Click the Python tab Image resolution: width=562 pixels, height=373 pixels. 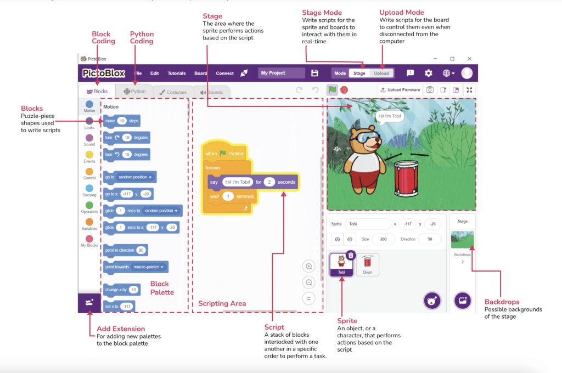(x=135, y=92)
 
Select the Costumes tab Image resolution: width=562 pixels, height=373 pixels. (x=173, y=92)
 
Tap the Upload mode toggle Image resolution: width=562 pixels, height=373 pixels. (x=381, y=73)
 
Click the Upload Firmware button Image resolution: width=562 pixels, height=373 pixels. (x=400, y=90)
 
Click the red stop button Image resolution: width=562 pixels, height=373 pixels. (x=344, y=90)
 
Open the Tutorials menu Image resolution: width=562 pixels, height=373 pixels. (x=177, y=73)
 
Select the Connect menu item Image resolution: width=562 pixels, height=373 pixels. (x=224, y=73)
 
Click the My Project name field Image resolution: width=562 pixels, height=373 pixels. (x=282, y=73)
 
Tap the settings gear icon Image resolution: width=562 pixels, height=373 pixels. (x=429, y=73)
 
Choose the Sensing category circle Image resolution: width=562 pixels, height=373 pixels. (x=89, y=188)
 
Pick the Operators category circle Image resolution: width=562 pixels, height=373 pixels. (x=89, y=205)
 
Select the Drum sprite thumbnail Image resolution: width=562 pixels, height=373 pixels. (x=368, y=264)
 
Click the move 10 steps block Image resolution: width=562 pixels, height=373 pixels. (x=122, y=120)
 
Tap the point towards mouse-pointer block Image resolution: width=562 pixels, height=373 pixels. (x=136, y=267)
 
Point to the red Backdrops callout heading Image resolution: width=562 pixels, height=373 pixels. (x=502, y=302)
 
